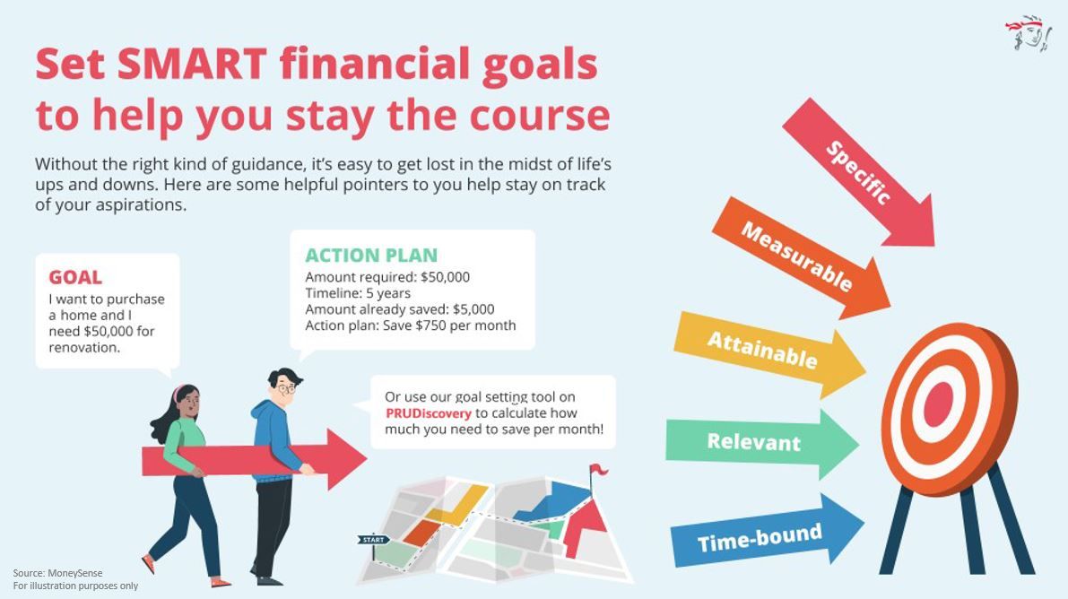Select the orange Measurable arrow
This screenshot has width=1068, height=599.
797,256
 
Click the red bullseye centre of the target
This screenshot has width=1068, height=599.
937,405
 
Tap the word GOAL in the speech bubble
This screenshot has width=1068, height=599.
75,278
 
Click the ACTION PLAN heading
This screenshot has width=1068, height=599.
371,255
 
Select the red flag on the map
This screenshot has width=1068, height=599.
598,469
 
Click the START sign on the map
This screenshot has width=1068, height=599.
372,540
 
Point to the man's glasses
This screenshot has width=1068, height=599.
285,389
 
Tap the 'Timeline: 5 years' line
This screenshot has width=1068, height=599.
358,293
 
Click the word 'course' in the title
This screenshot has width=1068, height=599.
540,116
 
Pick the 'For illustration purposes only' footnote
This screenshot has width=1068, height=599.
75,586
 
